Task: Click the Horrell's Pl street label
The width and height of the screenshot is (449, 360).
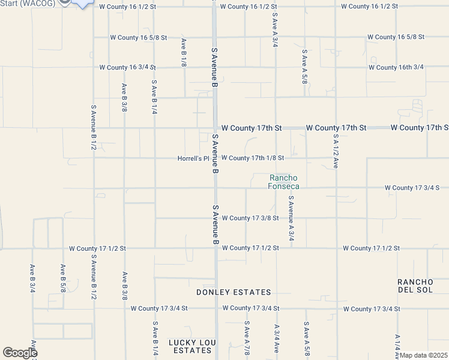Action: pos(193,159)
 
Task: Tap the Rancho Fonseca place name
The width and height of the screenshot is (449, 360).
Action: pos(284,182)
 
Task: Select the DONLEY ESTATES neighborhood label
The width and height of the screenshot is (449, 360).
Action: pos(234,292)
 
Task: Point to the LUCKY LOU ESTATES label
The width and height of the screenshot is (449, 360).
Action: pos(191,346)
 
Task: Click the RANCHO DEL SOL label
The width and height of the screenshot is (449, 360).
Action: pos(415,286)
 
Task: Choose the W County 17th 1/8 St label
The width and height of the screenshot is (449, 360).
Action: pos(252,158)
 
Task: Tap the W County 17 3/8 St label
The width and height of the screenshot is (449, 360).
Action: pos(250,218)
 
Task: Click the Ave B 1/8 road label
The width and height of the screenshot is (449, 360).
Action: pos(184,52)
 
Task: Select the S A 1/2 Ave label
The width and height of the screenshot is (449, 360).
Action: pos(336,151)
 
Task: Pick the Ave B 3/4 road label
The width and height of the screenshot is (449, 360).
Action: pos(32,278)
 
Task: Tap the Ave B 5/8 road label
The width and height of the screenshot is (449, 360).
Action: pos(62,278)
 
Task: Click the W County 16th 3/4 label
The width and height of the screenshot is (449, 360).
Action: pos(396,67)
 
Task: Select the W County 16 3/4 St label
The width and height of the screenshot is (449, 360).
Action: pos(127,68)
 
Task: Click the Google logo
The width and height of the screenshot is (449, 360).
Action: pos(19,353)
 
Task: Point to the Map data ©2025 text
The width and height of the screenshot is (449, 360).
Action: pos(423,355)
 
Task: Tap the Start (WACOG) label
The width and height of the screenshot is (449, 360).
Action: pos(28,4)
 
